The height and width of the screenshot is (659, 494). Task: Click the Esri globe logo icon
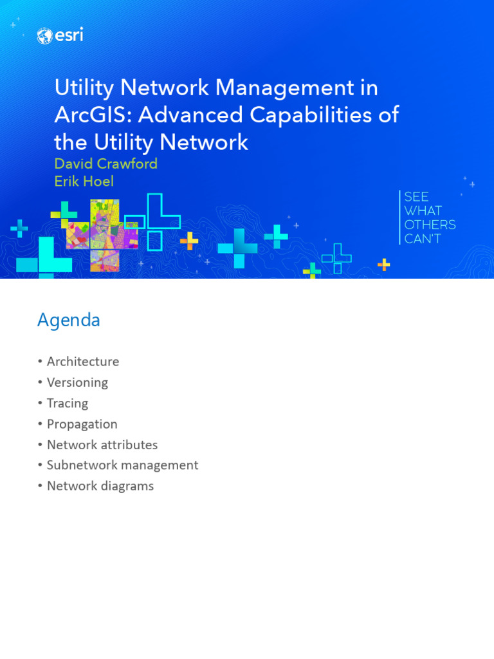click(45, 37)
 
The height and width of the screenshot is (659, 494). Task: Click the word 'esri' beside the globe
click(69, 36)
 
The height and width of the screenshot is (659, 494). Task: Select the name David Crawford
click(105, 163)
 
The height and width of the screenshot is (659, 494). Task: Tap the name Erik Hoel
click(84, 181)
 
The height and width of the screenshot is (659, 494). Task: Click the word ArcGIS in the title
click(93, 115)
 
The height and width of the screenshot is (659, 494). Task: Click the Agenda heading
click(68, 320)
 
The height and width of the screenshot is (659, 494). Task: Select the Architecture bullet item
click(82, 362)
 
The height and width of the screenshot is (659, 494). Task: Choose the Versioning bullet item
click(77, 382)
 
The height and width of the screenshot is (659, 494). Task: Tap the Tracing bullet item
click(67, 404)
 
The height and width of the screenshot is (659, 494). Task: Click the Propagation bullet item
click(82, 424)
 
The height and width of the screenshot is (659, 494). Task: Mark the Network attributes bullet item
click(102, 445)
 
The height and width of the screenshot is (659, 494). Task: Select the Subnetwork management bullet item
click(122, 465)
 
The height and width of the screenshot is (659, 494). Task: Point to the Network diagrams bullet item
click(100, 486)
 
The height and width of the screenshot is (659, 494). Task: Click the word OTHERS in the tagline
click(430, 225)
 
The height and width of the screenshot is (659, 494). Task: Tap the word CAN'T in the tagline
click(423, 239)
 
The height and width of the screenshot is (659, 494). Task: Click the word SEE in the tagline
click(416, 197)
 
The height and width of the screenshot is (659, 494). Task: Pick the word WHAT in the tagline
click(423, 210)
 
